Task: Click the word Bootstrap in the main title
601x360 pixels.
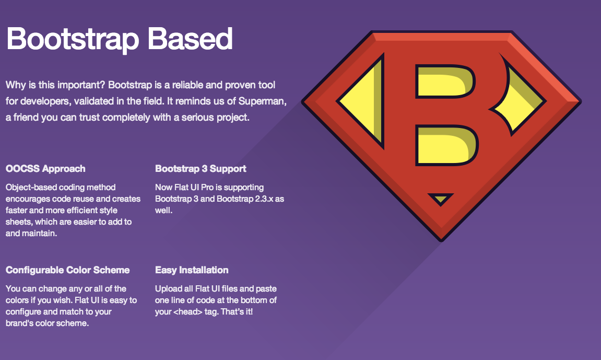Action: pyautogui.click(x=73, y=40)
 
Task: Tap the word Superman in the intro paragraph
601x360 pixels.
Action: pyautogui.click(x=263, y=101)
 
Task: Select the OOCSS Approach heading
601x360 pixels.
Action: pyautogui.click(x=45, y=169)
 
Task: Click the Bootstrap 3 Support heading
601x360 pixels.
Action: pyautogui.click(x=201, y=169)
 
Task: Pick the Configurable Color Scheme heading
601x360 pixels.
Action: pyautogui.click(x=67, y=270)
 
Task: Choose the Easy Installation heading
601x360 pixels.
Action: pyautogui.click(x=192, y=270)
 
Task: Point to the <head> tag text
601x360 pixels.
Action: pyautogui.click(x=188, y=312)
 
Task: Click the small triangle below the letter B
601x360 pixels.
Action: pyautogui.click(x=441, y=199)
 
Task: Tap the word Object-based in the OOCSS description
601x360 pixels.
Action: pyautogui.click(x=31, y=187)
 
